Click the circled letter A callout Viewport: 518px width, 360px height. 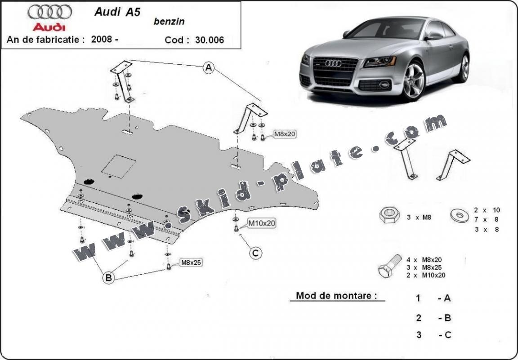point(208,68)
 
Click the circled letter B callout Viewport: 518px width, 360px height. point(108,278)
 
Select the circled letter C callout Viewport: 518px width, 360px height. point(255,253)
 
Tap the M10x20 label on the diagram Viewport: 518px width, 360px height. point(262,222)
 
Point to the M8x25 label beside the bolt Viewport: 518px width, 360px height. point(191,262)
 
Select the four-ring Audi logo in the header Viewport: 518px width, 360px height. point(49,12)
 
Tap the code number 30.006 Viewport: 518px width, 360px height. point(209,40)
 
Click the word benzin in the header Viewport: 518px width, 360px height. point(169,22)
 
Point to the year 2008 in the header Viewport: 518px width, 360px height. point(102,39)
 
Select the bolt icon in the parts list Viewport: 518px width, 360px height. point(390,266)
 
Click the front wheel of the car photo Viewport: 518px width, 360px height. point(414,80)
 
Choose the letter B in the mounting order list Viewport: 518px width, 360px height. point(447,318)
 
